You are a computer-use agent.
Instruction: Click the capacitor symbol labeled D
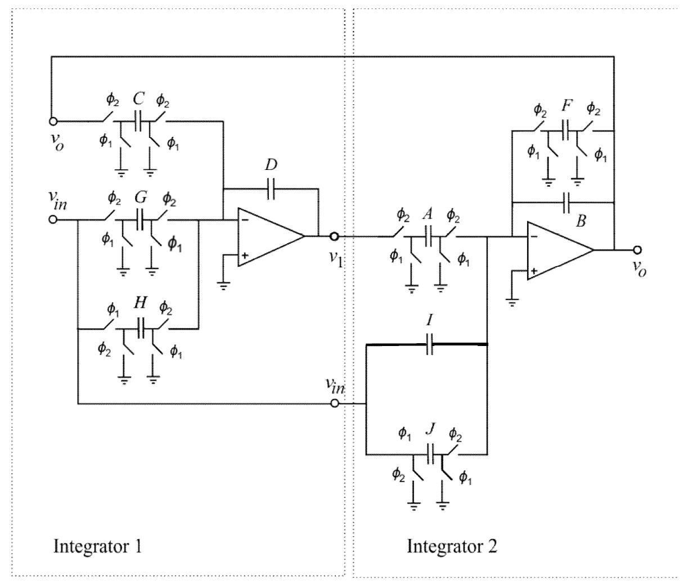tap(270, 190)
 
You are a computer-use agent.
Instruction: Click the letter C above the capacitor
tap(139, 100)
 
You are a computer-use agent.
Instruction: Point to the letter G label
tap(141, 197)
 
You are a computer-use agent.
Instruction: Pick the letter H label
tap(140, 303)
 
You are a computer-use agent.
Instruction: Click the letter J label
tap(430, 430)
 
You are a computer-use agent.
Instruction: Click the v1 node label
tap(336, 258)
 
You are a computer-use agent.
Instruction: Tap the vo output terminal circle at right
tap(637, 250)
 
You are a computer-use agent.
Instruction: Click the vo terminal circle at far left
tap(53, 121)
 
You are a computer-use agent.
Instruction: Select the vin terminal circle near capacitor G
tap(53, 219)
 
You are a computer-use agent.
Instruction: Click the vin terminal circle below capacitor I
tap(335, 403)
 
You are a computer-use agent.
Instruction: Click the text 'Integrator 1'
tap(97, 546)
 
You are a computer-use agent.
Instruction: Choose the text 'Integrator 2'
tap(452, 546)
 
